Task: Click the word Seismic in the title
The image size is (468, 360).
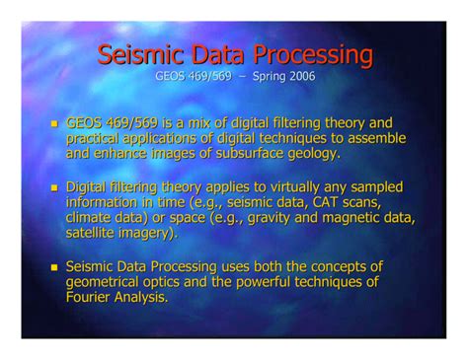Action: pos(141,52)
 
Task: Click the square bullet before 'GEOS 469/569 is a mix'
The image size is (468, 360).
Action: pos(55,124)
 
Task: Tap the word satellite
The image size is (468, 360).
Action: pos(93,233)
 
